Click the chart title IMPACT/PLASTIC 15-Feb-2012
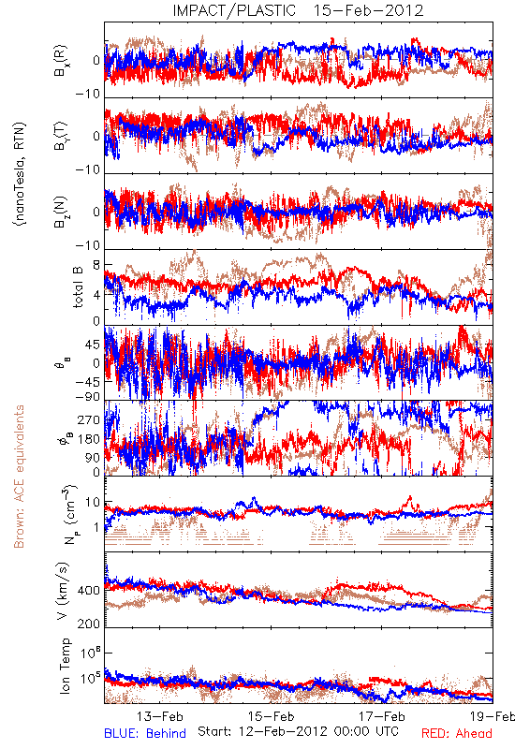click(x=298, y=10)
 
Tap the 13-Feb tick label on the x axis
click(x=160, y=716)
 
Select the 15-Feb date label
click(x=271, y=716)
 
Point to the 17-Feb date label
click(x=382, y=716)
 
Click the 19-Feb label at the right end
click(x=493, y=716)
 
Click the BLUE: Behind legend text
click(x=145, y=733)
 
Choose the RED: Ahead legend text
click(x=457, y=733)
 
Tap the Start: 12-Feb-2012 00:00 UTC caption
click(x=298, y=731)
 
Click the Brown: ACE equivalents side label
click(x=19, y=477)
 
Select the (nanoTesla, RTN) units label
click(x=20, y=174)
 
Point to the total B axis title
click(x=78, y=286)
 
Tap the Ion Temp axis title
click(x=65, y=666)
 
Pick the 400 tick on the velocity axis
click(x=89, y=591)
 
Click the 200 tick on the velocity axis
click(x=89, y=624)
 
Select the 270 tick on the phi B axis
click(x=89, y=420)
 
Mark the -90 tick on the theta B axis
click(x=88, y=396)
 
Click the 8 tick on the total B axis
click(x=96, y=265)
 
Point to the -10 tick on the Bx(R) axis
click(x=88, y=95)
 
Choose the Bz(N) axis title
click(x=61, y=212)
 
